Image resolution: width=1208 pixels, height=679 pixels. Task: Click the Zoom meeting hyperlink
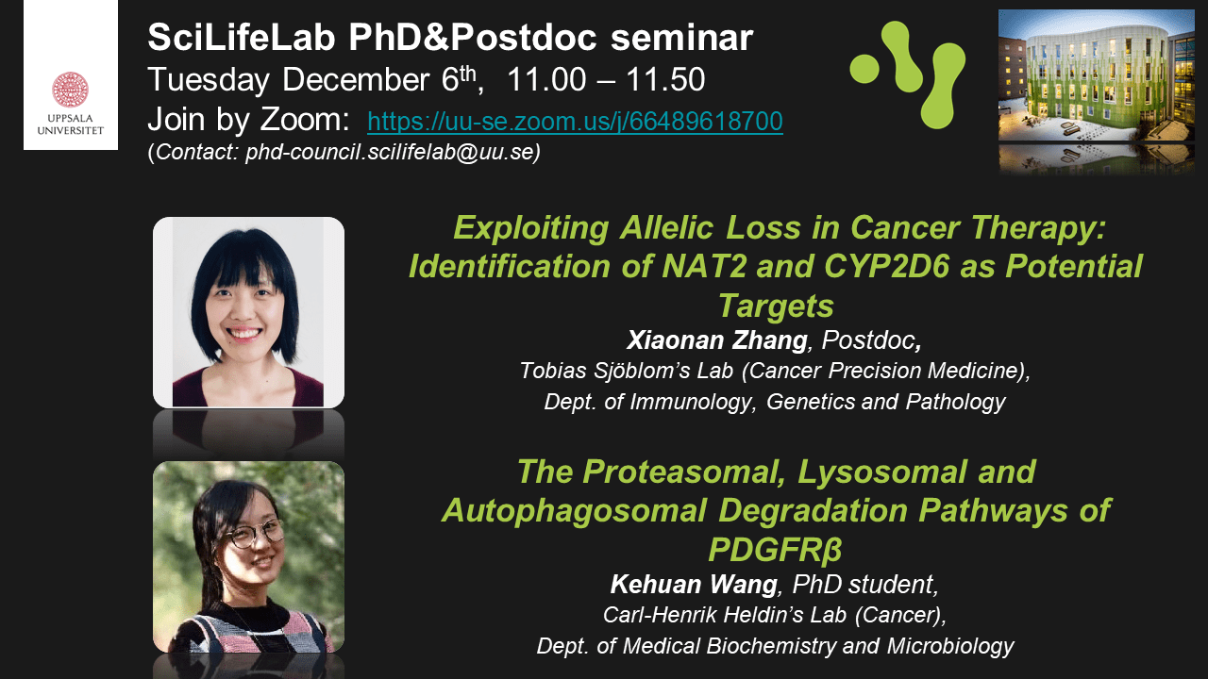(x=575, y=121)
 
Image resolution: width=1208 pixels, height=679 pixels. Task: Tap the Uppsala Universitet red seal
(x=70, y=90)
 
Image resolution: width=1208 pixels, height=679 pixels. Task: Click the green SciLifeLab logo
(x=908, y=75)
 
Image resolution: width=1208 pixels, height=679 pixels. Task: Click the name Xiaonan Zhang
(x=716, y=340)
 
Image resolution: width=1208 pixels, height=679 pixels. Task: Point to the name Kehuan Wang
(x=694, y=584)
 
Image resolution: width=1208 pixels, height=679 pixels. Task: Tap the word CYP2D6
(x=886, y=266)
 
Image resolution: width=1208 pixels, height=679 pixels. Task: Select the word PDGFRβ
(x=775, y=549)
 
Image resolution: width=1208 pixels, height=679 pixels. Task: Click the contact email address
(x=390, y=152)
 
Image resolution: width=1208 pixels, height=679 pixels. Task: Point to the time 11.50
(x=665, y=80)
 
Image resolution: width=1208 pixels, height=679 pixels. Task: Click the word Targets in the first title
(x=776, y=306)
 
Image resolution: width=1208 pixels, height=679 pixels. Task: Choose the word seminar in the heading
(x=681, y=37)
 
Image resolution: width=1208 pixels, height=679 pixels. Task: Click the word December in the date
(x=356, y=80)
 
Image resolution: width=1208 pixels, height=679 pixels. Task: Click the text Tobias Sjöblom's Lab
(x=626, y=371)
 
